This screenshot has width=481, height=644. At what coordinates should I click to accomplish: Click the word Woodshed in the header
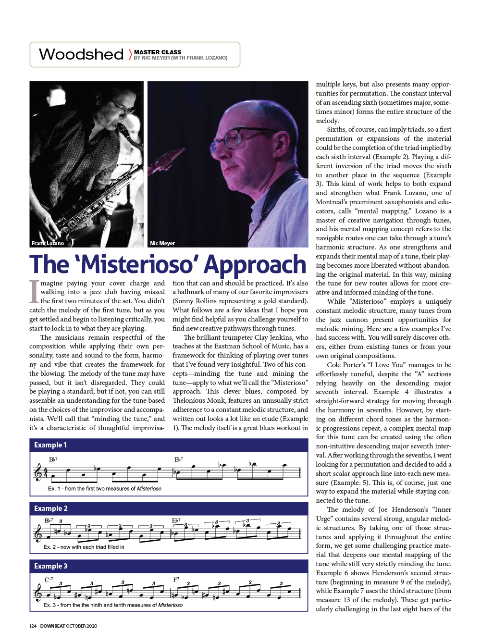point(81,54)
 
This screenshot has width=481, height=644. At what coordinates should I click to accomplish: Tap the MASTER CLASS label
point(157,52)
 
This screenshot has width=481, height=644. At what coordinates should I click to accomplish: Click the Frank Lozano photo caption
point(48,243)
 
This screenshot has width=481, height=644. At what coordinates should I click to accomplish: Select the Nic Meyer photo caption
point(162,243)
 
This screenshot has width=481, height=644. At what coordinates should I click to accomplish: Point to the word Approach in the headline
point(255,265)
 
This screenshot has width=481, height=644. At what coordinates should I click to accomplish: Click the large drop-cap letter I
point(34,291)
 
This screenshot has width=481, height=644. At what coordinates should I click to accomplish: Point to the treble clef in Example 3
point(38,593)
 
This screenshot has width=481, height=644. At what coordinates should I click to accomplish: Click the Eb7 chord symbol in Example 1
point(178,459)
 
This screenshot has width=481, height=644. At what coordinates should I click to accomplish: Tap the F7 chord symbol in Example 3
point(176,580)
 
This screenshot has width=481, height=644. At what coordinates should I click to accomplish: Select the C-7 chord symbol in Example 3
point(49,580)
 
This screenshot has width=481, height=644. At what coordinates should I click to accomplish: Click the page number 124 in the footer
point(33,626)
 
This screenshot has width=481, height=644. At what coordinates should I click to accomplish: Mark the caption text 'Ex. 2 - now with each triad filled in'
point(84,547)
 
